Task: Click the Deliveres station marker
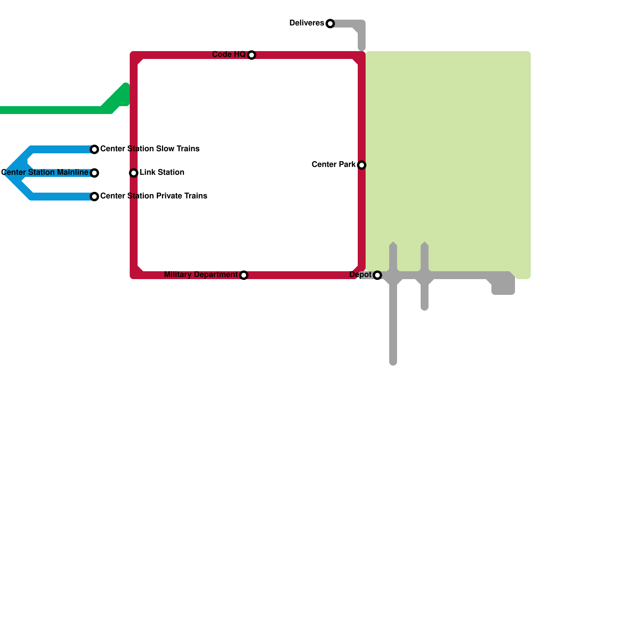tap(330, 24)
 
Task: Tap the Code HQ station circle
tap(252, 55)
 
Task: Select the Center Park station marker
tap(362, 165)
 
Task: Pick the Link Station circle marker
tap(134, 173)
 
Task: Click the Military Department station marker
tap(244, 275)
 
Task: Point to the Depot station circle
tap(377, 275)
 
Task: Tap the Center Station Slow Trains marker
tap(94, 149)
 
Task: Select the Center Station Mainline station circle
tap(94, 173)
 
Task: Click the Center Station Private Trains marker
tap(94, 197)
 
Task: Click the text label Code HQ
tap(229, 55)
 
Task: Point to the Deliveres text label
tap(307, 23)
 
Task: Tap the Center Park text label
tap(333, 165)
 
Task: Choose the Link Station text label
tap(162, 173)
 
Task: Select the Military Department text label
tap(200, 275)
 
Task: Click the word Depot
tap(360, 275)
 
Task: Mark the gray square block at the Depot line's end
tap(503, 285)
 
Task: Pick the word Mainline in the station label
tap(73, 173)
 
